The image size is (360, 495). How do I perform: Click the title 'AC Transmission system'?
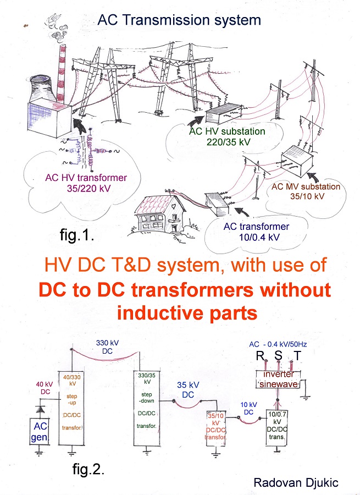coord(179,21)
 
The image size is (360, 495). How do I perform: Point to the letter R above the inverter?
coord(260,356)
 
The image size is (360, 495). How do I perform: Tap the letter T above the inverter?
coord(297,356)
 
